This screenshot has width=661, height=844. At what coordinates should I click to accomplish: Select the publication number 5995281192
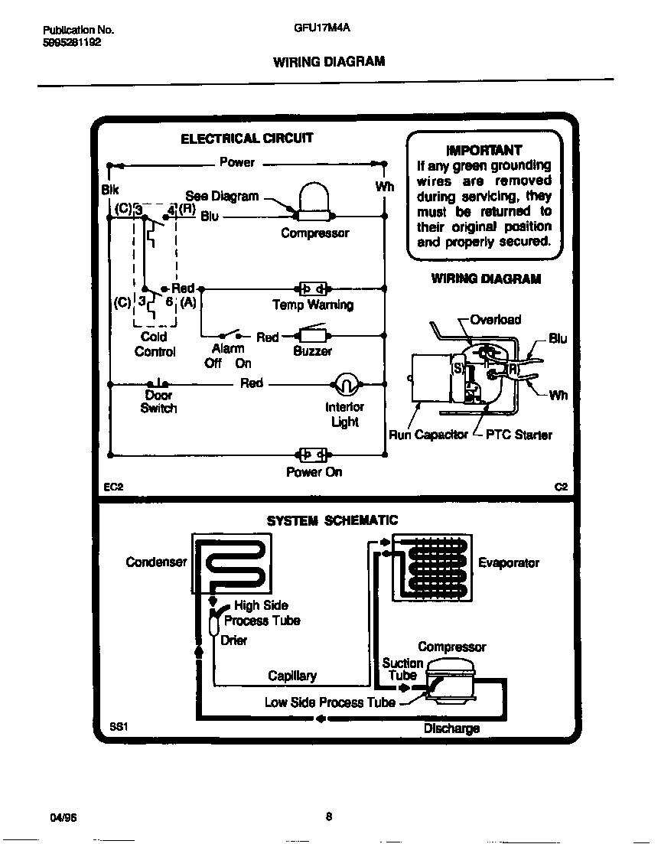(71, 43)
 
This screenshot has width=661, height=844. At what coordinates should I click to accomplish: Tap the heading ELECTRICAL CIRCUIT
(246, 138)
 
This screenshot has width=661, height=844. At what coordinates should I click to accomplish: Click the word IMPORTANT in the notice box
(484, 150)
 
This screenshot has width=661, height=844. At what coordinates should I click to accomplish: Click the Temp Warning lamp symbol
(313, 288)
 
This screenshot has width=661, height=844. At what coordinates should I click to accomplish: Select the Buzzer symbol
(312, 335)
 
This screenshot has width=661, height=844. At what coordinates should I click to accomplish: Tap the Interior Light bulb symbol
(345, 383)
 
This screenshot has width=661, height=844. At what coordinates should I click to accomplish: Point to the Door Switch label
(158, 402)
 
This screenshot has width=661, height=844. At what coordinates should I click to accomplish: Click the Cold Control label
(155, 344)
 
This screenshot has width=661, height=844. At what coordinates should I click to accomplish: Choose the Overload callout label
(495, 319)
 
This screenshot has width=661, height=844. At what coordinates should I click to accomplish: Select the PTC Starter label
(519, 435)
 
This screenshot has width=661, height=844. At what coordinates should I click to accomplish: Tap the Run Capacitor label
(428, 435)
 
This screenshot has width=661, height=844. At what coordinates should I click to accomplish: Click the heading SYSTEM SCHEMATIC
(332, 520)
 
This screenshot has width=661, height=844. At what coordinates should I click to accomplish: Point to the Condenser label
(156, 562)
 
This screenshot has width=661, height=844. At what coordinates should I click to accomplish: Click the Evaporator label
(509, 562)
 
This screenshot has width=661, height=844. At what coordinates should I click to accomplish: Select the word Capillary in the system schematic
(291, 676)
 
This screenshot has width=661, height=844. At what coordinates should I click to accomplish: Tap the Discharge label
(451, 728)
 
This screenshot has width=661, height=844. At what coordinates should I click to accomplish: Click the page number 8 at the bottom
(328, 816)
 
